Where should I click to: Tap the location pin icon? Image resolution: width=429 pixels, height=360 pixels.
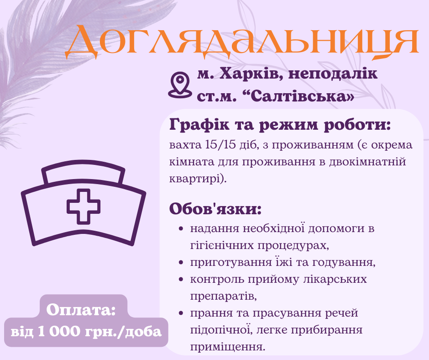[x=179, y=84]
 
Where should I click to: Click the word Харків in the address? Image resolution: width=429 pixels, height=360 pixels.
[x=247, y=73]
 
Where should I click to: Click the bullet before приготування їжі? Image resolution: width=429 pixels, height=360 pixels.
[x=181, y=263]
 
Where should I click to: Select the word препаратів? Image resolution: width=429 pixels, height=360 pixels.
[x=223, y=295]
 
